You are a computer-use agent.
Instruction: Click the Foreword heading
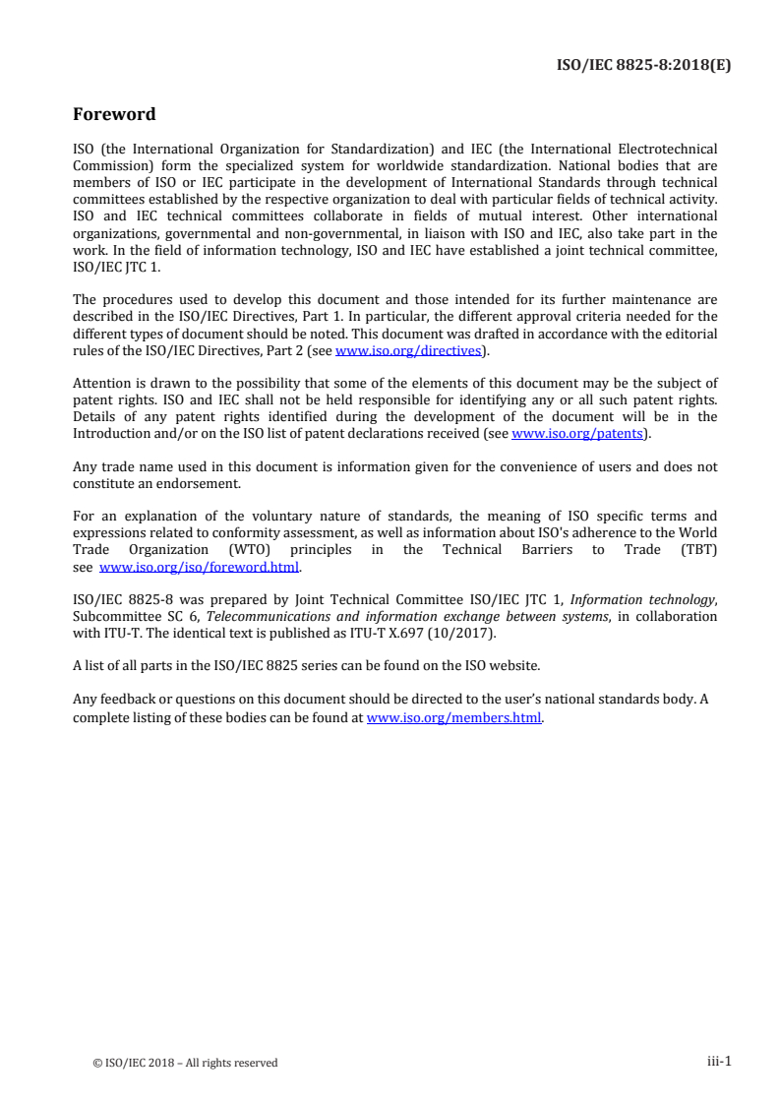pos(114,114)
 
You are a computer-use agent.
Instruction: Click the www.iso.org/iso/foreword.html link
pos(200,567)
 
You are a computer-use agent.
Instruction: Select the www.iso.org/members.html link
pos(453,717)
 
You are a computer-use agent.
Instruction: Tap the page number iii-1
pos(719,1062)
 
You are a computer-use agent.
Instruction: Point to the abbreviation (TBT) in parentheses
pos(695,550)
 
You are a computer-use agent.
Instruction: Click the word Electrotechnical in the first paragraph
pos(666,149)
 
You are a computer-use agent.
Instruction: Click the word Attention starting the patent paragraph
pos(102,383)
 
